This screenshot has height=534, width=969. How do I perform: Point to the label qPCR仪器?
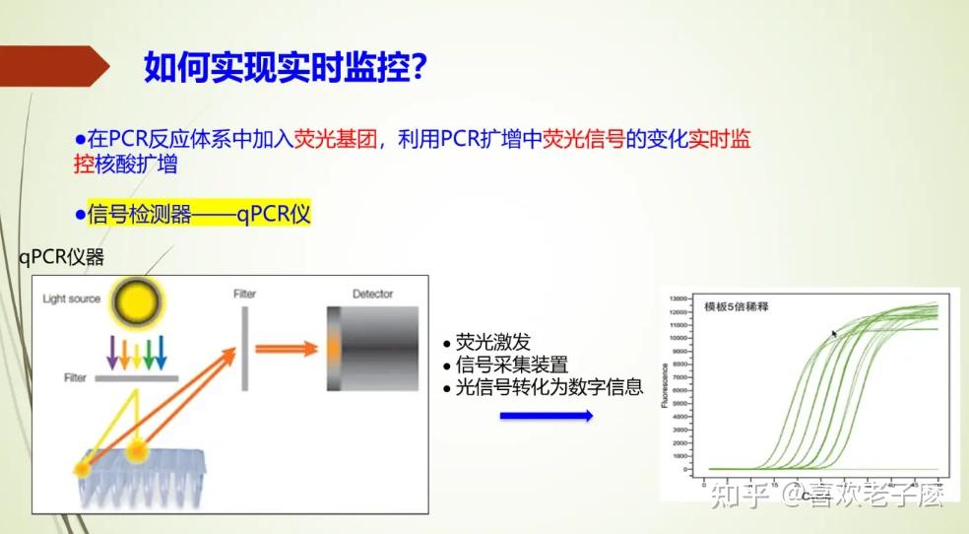click(x=61, y=257)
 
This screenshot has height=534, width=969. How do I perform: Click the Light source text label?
click(x=71, y=299)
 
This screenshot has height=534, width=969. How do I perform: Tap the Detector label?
click(x=372, y=294)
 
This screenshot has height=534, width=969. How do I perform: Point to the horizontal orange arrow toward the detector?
click(x=287, y=349)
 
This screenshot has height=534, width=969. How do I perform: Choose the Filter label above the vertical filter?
click(x=245, y=294)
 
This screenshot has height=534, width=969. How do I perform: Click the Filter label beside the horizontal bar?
click(x=75, y=377)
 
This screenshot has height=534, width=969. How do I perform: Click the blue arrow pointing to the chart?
click(x=547, y=416)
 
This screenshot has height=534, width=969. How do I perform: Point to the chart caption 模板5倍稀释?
click(x=736, y=306)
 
